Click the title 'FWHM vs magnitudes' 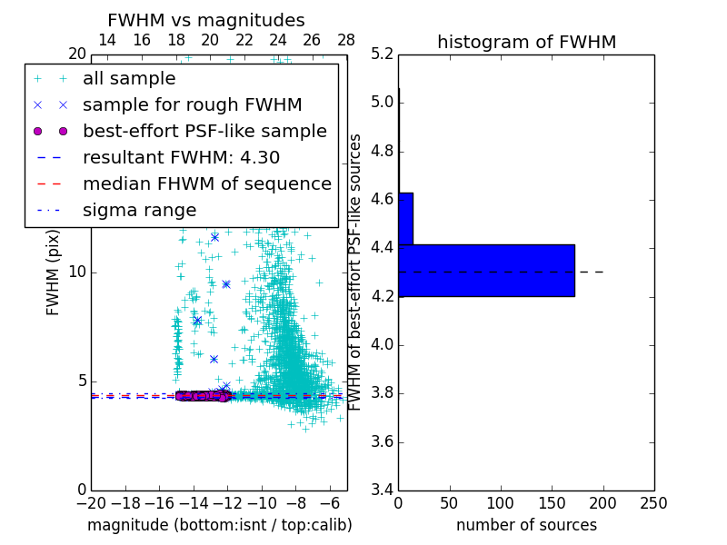[206, 20]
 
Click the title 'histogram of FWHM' [526, 42]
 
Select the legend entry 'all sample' [129, 79]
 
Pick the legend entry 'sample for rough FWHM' [192, 104]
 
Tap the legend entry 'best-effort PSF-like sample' [204, 131]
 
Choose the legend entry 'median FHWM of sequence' [206, 183]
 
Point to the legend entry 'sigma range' [139, 210]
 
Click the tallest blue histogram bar [486, 270]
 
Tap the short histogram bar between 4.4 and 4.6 [405, 218]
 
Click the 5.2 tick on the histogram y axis [383, 54]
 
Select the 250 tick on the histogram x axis [653, 503]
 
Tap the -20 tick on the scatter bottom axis [91, 503]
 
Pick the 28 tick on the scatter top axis [346, 40]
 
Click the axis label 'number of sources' [526, 525]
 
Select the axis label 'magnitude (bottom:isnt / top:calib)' [219, 525]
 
